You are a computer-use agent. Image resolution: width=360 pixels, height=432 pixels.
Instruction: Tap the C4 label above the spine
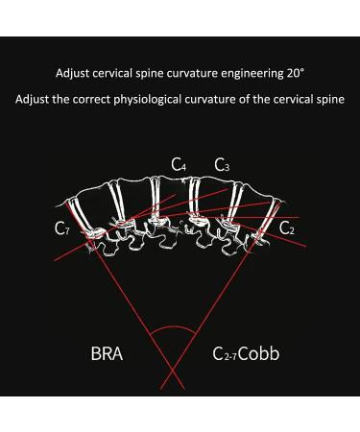180,165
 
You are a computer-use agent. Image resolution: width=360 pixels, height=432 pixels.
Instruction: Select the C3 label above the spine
221,165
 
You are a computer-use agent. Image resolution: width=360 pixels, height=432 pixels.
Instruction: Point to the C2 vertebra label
287,227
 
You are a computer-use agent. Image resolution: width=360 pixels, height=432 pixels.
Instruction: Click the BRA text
106,354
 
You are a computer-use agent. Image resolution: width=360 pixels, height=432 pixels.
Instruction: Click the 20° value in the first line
293,72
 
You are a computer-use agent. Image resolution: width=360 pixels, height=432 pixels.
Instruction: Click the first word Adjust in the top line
74,72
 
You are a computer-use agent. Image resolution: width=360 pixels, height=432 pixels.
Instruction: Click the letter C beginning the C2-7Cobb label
217,354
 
